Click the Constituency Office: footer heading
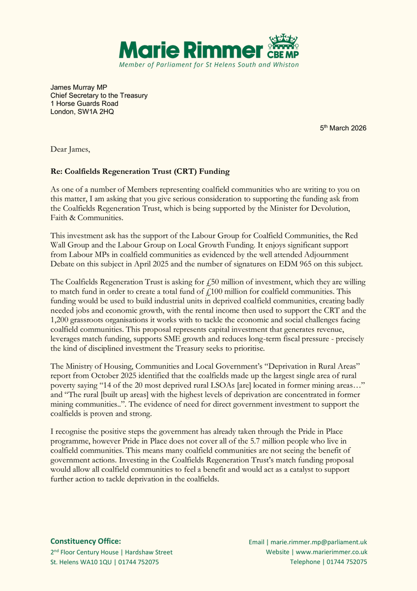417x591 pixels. [x=86, y=541]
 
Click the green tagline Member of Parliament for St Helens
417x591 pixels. [x=208, y=65]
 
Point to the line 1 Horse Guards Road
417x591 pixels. [x=85, y=103]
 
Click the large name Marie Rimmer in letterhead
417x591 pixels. [x=191, y=49]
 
